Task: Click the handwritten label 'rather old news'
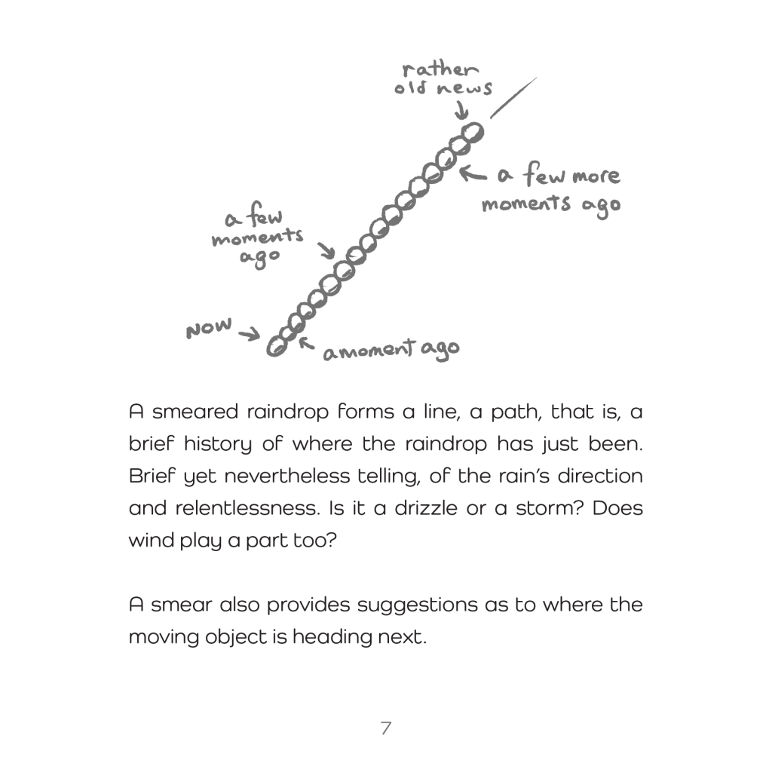(442, 79)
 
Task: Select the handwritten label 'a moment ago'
(391, 350)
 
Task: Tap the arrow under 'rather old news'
(460, 110)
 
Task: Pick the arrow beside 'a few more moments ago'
(473, 174)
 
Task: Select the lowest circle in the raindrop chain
(277, 347)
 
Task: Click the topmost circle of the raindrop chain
(473, 133)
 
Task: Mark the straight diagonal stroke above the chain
(513, 97)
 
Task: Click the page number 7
(385, 728)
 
